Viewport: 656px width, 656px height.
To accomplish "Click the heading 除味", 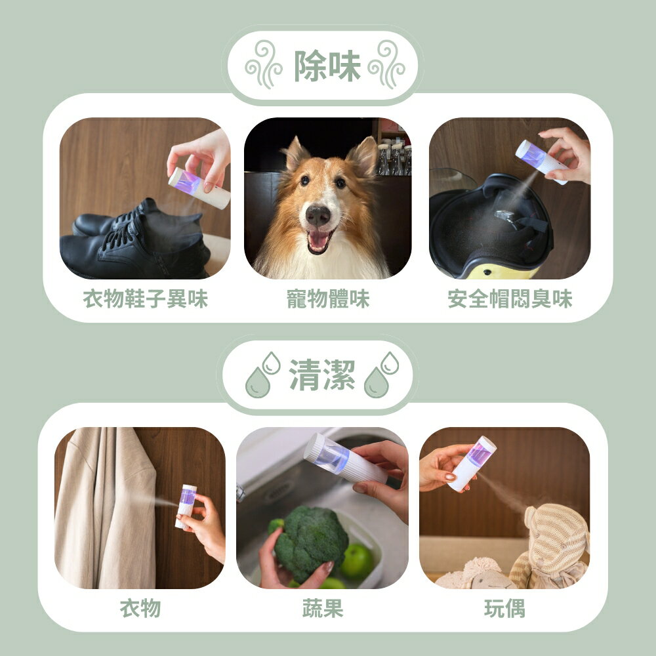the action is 327,66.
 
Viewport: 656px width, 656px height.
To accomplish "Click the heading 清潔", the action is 321,375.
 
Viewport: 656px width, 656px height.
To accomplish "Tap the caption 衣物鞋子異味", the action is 145,298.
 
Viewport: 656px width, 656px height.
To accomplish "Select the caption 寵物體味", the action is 328,298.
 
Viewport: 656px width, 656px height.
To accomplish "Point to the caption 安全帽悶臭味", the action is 510,298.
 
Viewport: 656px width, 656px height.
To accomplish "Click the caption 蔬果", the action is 323,608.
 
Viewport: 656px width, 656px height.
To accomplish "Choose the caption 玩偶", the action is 504,608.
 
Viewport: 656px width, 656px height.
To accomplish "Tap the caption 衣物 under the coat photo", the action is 140,608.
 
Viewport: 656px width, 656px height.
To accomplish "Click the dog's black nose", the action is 318,215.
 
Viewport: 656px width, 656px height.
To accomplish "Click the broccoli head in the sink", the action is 311,541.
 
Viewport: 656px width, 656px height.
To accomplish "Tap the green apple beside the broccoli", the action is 357,561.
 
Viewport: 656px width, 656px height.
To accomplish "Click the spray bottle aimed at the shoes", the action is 199,188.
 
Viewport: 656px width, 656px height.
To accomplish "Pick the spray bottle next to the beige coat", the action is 186,506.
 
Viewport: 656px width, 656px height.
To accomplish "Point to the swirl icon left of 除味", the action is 264,64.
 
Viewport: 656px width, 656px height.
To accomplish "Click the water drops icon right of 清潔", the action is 381,375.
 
